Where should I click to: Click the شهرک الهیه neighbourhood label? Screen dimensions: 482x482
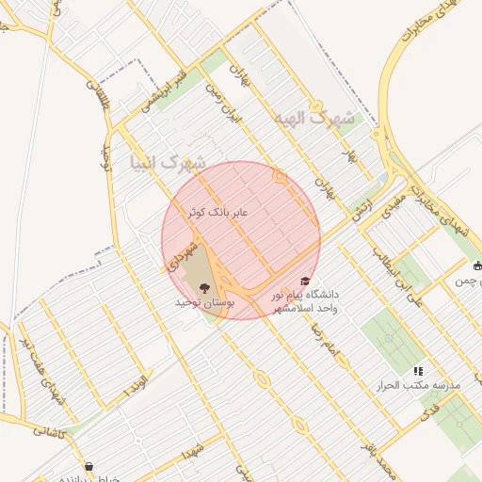[315, 120]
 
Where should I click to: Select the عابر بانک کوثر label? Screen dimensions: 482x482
[217, 214]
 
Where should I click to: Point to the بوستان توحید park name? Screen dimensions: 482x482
[203, 304]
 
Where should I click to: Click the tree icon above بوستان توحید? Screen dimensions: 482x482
[205, 286]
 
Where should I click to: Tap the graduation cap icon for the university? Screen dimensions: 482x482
[304, 281]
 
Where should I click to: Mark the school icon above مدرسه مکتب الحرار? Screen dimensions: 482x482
[418, 371]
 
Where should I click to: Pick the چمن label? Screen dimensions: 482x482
[467, 281]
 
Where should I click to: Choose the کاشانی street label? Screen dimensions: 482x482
[50, 431]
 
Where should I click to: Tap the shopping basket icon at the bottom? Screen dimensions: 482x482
[88, 466]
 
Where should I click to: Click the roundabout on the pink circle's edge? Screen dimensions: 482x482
[279, 176]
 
